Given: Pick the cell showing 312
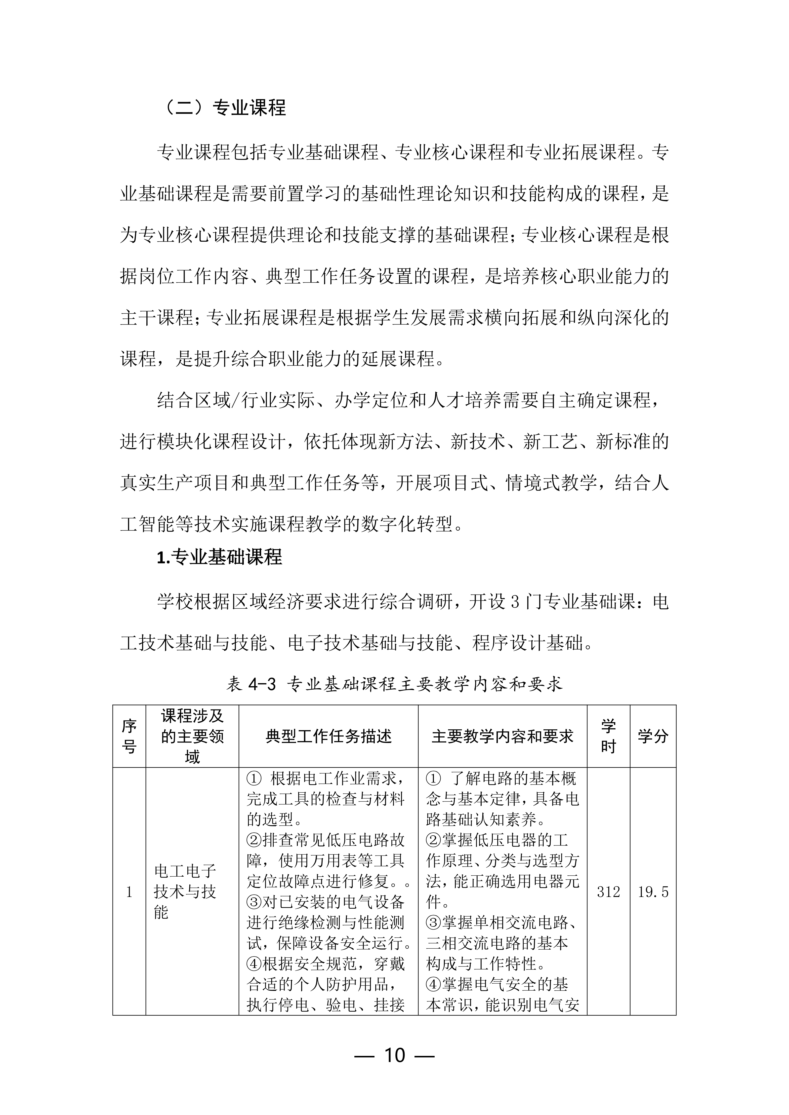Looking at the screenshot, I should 608,892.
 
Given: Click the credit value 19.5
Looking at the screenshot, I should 653,892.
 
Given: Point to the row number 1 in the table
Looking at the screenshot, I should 129,892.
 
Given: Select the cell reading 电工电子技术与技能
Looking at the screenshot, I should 185,892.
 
